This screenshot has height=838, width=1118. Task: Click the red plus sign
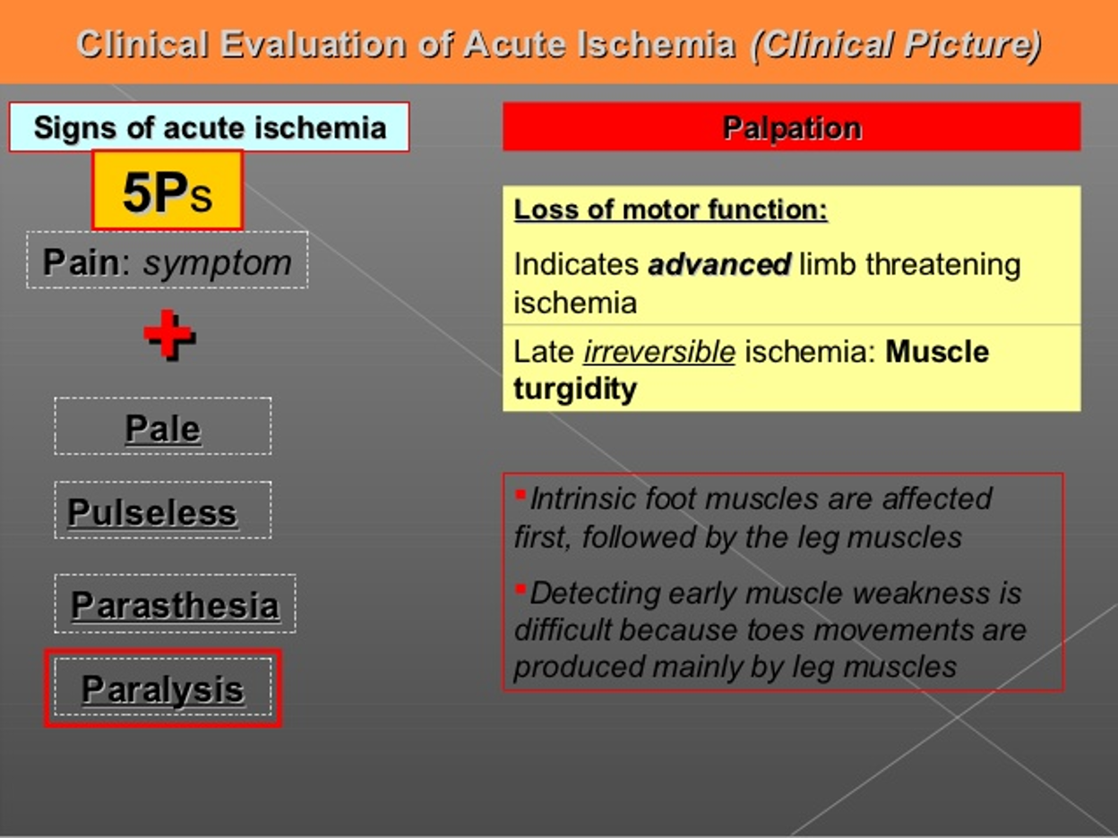(x=168, y=334)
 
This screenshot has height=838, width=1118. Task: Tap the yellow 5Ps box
(x=168, y=191)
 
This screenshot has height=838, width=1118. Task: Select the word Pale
(x=163, y=429)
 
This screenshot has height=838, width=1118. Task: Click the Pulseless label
(x=152, y=512)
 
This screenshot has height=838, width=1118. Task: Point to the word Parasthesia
(x=176, y=605)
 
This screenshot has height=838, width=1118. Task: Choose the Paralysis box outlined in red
(x=163, y=688)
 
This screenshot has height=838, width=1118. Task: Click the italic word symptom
(x=218, y=264)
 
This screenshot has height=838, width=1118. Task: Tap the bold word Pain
(x=81, y=262)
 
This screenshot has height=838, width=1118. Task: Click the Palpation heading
(x=792, y=127)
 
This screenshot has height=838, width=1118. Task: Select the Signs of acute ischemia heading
(x=210, y=127)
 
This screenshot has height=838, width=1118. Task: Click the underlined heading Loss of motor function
(x=670, y=209)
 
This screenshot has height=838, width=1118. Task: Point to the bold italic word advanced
(x=719, y=264)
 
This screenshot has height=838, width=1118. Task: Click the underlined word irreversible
(x=659, y=352)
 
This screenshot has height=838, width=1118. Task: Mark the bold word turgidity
(x=575, y=390)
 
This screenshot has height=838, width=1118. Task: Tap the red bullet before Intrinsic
(x=520, y=494)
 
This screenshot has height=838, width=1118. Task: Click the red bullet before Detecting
(x=520, y=589)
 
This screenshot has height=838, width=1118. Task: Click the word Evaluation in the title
(x=313, y=44)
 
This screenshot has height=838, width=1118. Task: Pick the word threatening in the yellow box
(x=943, y=266)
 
